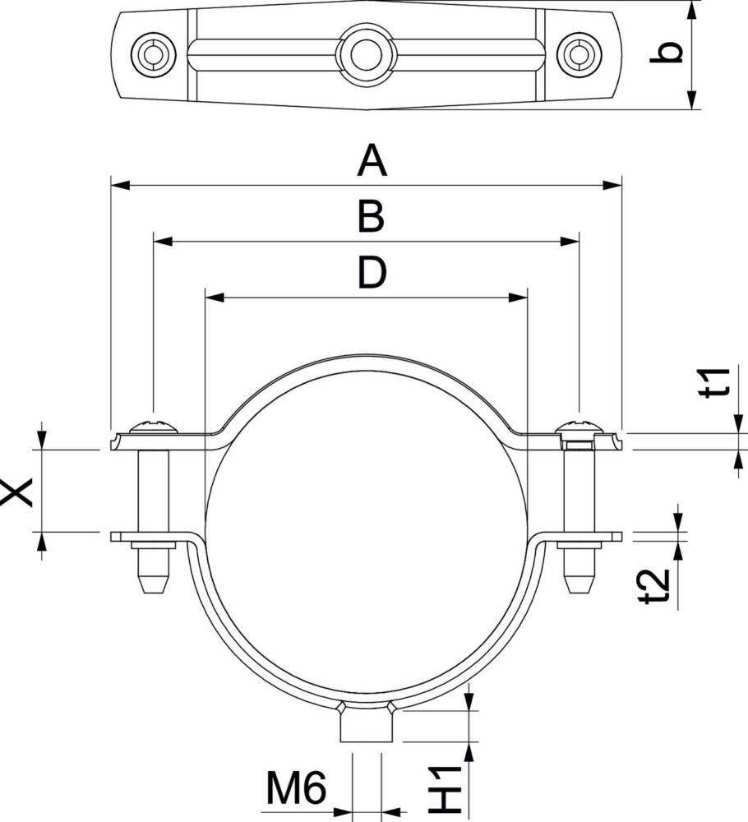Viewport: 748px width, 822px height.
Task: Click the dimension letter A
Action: click(372, 161)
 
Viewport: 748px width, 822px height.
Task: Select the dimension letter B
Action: click(371, 217)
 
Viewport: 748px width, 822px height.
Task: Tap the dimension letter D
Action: click(372, 272)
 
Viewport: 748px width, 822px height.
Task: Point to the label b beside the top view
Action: click(667, 53)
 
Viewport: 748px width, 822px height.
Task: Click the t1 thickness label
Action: click(714, 383)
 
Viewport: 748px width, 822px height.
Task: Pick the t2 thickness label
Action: click(656, 586)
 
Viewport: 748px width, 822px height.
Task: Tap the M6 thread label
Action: click(297, 787)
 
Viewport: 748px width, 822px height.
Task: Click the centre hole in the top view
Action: click(366, 53)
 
